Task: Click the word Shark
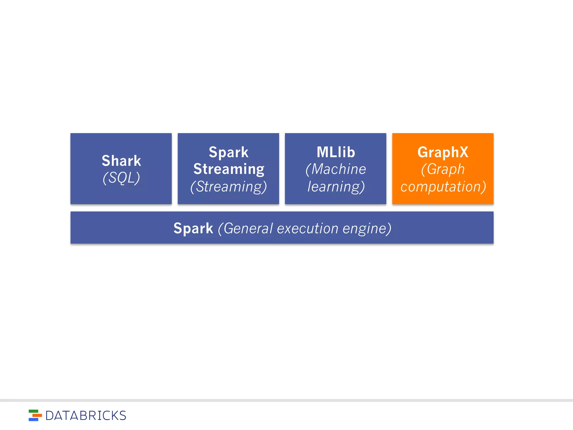point(121,161)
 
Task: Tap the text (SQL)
point(121,178)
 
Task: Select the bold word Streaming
point(229,169)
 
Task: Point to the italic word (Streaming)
point(229,186)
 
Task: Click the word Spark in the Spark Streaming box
point(229,152)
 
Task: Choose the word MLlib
point(336,152)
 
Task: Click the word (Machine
point(336,169)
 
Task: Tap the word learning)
point(336,186)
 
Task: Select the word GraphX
point(443,152)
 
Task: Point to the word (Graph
point(443,169)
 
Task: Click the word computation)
point(443,186)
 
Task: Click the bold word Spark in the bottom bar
point(193,228)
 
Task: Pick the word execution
point(307,228)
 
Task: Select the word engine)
point(367,229)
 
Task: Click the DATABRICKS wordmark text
point(86,416)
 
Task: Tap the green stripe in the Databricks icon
point(33,411)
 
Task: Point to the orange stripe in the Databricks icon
point(37,415)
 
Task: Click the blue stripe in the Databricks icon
point(33,419)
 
